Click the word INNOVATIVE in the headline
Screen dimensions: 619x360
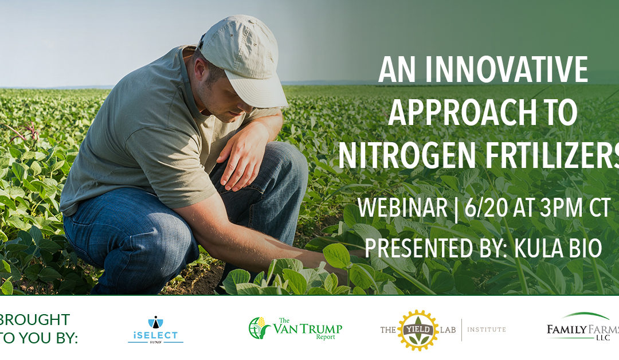(x=507, y=69)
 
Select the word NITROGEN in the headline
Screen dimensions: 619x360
(x=406, y=155)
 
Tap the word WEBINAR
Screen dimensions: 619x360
(x=402, y=208)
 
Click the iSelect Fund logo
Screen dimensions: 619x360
(x=155, y=330)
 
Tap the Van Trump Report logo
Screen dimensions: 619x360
(x=295, y=328)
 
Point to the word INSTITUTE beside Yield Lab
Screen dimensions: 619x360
(x=487, y=329)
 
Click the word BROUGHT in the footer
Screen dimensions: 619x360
(x=35, y=319)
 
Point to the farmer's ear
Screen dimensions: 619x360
(x=200, y=68)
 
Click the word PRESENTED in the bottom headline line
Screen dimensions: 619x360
(x=418, y=248)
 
